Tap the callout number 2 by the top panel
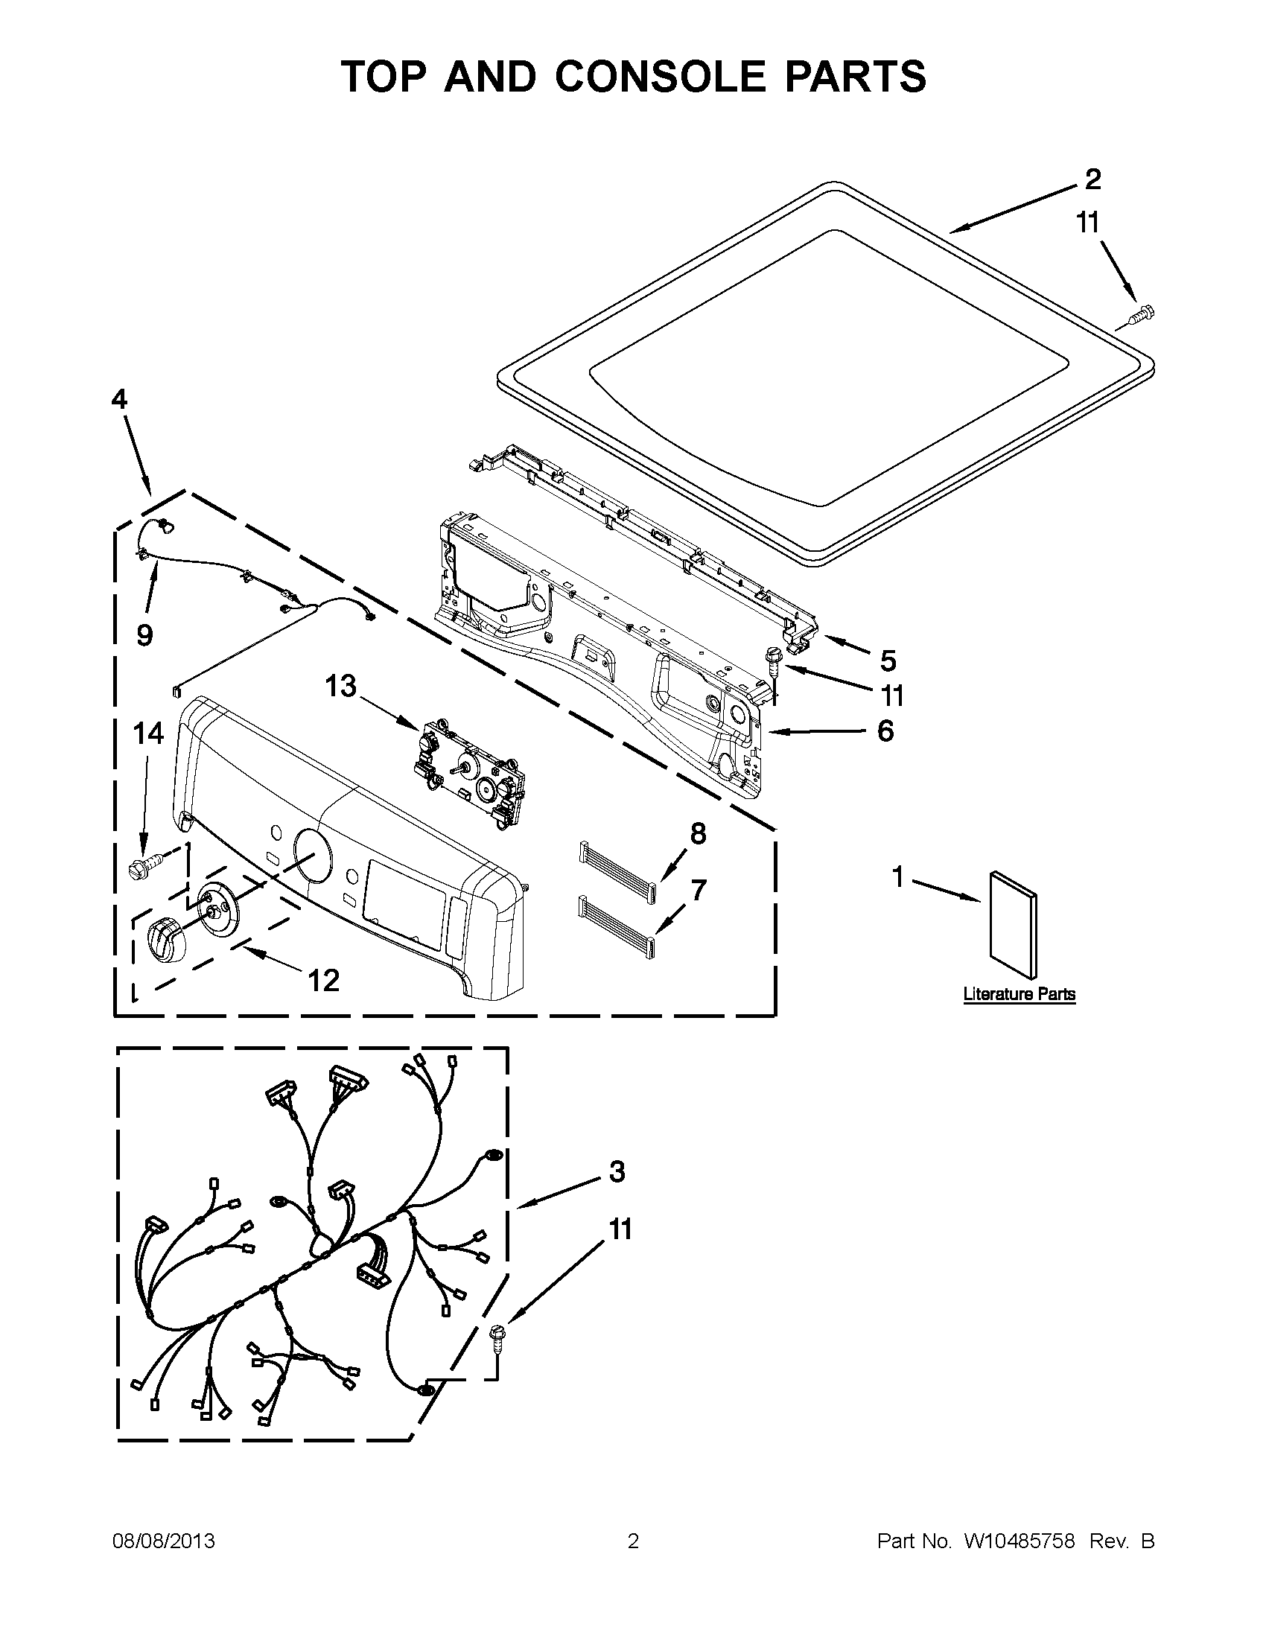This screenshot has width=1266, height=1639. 1092,179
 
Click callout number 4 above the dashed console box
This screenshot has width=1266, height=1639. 120,399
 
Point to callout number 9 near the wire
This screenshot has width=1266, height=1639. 144,636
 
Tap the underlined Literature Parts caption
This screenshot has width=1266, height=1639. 1019,994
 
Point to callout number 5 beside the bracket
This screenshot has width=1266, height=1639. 888,661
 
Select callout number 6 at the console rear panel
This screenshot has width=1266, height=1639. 885,731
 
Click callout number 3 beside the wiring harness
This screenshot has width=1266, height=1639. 617,1171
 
